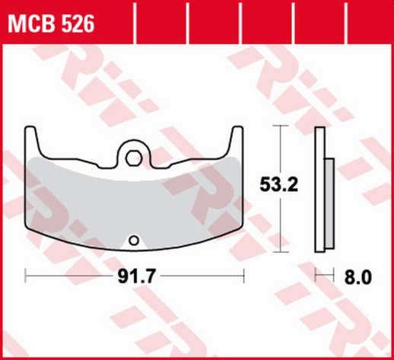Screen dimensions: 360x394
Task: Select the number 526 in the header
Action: (x=78, y=25)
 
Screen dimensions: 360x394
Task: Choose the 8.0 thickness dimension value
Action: (x=357, y=277)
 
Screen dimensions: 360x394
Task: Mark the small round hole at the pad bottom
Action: (x=135, y=241)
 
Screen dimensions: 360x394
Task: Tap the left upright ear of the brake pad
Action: (x=32, y=142)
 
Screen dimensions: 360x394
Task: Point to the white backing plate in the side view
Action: (x=320, y=190)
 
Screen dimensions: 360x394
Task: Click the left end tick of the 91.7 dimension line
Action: (x=26, y=273)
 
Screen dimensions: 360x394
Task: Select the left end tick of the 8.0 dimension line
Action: (x=316, y=273)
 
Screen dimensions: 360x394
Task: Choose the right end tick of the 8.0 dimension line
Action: (x=334, y=273)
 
